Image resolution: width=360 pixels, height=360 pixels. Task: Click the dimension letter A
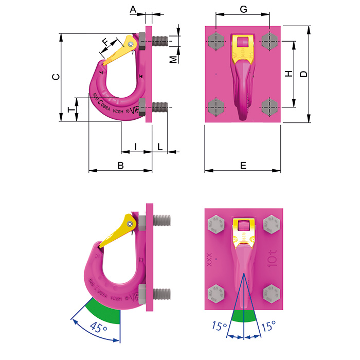[x=133, y=9]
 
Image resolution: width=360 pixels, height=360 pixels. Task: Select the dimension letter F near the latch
[x=106, y=41]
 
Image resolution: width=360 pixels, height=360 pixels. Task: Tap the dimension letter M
[x=174, y=59]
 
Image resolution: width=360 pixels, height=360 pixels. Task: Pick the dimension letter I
[x=135, y=147]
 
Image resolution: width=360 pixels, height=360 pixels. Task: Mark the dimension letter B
[x=121, y=165]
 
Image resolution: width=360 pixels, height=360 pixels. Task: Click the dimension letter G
[x=244, y=9]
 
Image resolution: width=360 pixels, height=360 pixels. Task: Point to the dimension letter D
[x=304, y=74]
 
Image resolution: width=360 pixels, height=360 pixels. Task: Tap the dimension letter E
[x=243, y=165]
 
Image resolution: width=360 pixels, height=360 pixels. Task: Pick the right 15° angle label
[x=268, y=326]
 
